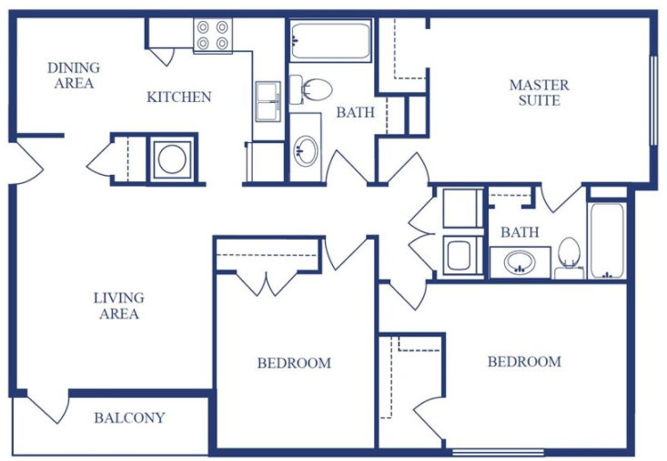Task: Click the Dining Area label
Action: coord(74,76)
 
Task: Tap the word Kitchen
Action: coord(179,97)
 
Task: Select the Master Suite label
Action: coord(539,93)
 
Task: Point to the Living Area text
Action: coord(118,306)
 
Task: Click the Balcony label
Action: coord(129,418)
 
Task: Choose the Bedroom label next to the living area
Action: coord(294,364)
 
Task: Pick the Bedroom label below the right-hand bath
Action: coord(524,362)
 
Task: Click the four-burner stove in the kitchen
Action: coord(212,35)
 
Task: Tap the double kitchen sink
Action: coord(268,100)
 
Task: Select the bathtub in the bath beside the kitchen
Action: coord(329,41)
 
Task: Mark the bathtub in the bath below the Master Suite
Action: coord(606,241)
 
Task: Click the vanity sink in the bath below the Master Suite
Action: coord(520,263)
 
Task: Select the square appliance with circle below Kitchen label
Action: coord(171,159)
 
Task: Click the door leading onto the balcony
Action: coord(50,405)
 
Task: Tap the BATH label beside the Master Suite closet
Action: coord(355,113)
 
